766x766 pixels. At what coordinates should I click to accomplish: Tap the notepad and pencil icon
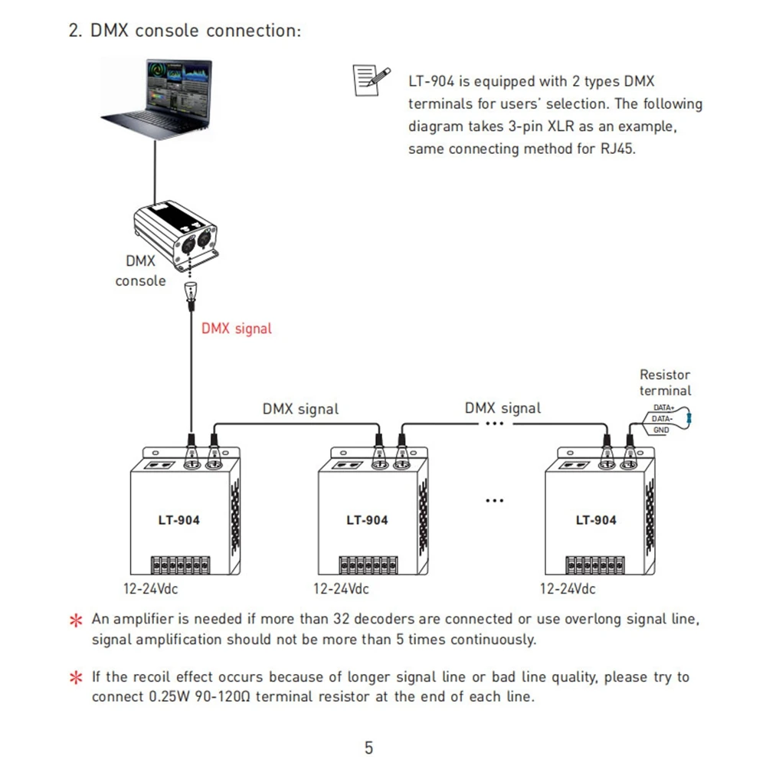coord(372,80)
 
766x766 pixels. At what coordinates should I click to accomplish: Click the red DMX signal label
coord(237,329)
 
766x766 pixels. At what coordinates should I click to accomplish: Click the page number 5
coord(369,748)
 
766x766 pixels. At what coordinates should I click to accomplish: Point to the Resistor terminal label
coord(665,382)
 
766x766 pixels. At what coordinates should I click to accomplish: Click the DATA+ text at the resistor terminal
coord(663,408)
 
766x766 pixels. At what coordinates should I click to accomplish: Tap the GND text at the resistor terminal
coord(661,430)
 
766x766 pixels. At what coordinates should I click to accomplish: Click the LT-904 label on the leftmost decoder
coord(178,520)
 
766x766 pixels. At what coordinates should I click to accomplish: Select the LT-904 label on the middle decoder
coord(367,520)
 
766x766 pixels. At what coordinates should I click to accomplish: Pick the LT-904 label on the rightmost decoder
coord(595,520)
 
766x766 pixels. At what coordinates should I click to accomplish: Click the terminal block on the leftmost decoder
coord(180,565)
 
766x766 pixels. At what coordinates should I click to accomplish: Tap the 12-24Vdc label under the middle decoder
coord(341,588)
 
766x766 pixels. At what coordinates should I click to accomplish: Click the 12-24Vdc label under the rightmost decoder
coord(568,588)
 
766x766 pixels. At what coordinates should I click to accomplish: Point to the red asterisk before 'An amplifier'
coord(76,620)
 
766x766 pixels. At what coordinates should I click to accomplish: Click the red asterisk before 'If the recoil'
coord(76,678)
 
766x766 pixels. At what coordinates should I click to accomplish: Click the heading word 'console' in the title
coord(166,31)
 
